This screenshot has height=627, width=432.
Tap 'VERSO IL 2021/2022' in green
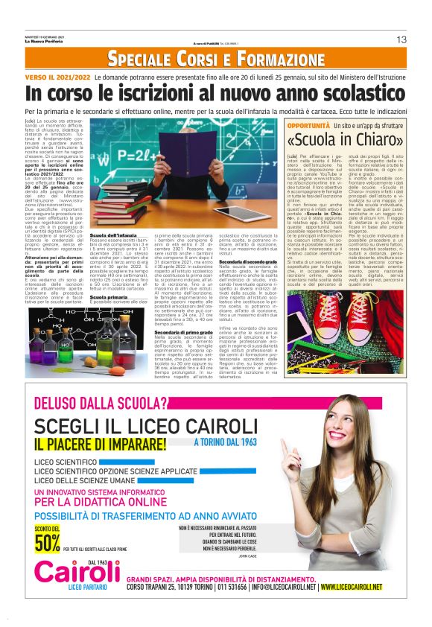(x=58, y=77)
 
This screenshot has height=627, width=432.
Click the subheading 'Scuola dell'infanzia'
(x=113, y=256)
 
